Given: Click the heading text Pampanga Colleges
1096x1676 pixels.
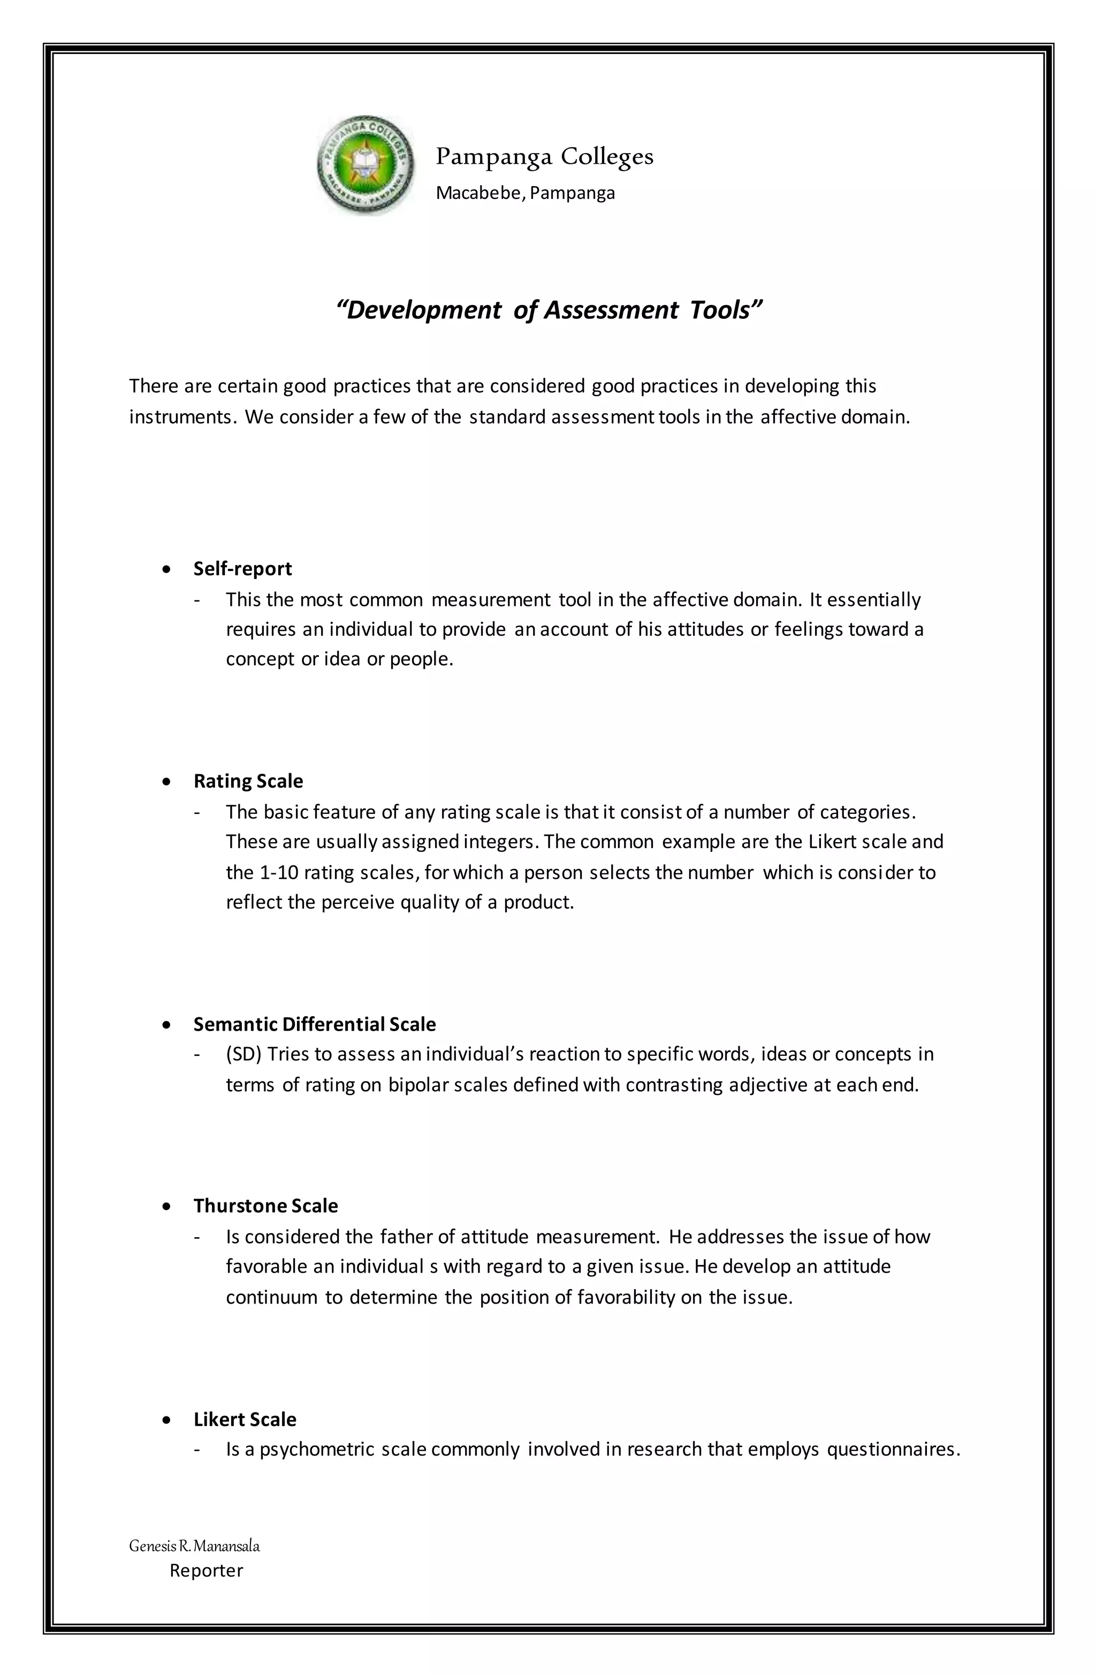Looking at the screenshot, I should coord(544,156).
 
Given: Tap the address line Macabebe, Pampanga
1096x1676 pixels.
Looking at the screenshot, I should coord(525,193).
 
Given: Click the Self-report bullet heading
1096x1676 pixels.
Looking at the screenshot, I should coord(242,568).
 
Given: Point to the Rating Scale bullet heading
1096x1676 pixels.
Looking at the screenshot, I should coord(248,781).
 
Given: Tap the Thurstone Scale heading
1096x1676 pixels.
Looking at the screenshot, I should coord(265,1206).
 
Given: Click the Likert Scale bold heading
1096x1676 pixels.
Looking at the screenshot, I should coord(245,1419).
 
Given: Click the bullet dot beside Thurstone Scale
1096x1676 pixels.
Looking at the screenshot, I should coord(166,1206).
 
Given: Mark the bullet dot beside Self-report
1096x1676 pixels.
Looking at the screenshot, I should coord(166,569).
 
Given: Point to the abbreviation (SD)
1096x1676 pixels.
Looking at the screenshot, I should coord(243,1054).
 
